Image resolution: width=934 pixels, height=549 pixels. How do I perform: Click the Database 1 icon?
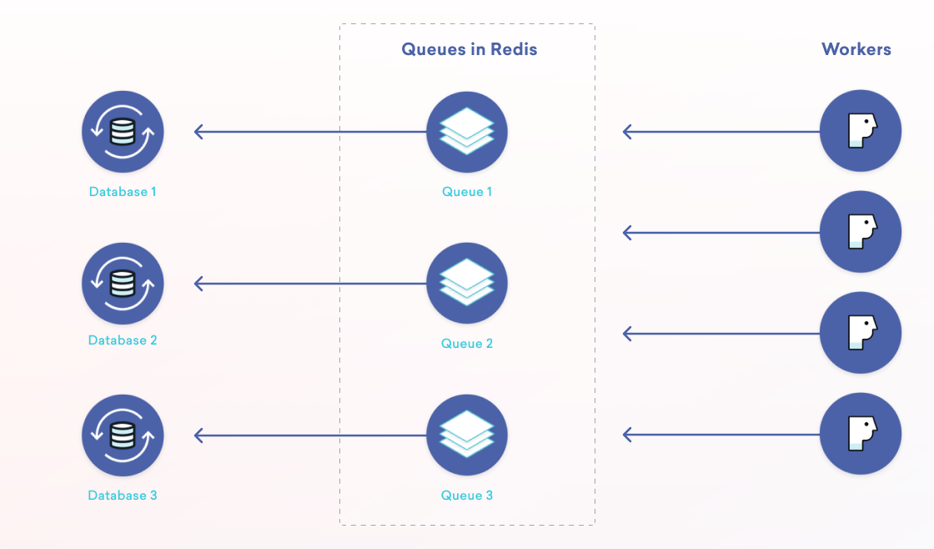coord(123,132)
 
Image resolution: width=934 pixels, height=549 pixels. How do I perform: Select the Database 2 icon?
coord(123,284)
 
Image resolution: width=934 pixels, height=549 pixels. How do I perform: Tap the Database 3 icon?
coord(123,436)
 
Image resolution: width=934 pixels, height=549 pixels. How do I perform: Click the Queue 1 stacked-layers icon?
coord(467,132)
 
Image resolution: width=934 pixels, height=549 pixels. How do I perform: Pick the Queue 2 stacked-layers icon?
coord(467,284)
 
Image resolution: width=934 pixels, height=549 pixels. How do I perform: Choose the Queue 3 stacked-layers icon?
coord(467,436)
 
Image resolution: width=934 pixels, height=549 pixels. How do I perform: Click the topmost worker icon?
coord(861,132)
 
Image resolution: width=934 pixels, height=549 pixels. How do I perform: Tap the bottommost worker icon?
coord(861,435)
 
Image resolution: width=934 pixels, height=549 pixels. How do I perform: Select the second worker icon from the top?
coord(861,233)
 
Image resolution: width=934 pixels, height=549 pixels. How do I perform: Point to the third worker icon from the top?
coord(861,333)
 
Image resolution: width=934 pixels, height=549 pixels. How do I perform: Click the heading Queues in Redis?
coord(470,49)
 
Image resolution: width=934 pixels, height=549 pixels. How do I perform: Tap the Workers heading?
coord(856,49)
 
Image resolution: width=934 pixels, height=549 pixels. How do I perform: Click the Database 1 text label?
coord(123,192)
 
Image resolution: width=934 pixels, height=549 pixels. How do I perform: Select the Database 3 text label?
coord(123,496)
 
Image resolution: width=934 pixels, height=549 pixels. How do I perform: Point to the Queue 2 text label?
coord(467,344)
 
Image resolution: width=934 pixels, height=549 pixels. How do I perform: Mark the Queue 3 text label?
coord(467,496)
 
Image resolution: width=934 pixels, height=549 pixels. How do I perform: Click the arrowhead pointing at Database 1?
coord(198,132)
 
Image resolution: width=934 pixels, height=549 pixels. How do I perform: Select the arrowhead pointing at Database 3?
coord(198,436)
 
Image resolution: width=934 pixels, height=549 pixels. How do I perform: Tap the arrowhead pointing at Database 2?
coord(198,284)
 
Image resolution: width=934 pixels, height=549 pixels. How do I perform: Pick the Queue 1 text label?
coord(467,192)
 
